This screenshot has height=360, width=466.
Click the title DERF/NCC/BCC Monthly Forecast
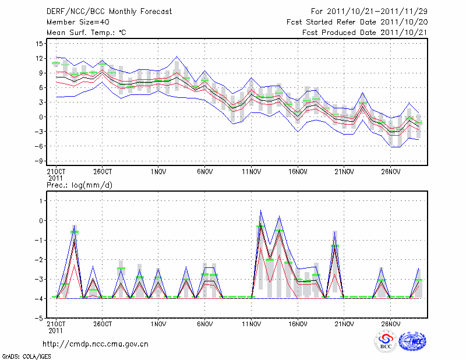point(109,12)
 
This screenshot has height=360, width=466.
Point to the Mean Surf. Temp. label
point(86,33)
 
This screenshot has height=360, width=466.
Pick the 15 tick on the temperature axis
point(39,44)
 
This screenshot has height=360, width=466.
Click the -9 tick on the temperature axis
point(39,160)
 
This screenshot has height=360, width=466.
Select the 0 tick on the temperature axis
point(41,117)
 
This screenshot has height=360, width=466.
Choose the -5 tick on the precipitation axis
point(39,319)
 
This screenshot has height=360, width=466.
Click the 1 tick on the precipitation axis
point(41,201)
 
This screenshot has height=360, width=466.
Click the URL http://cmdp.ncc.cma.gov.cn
point(96,344)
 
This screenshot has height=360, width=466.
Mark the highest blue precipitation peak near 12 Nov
point(260,210)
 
